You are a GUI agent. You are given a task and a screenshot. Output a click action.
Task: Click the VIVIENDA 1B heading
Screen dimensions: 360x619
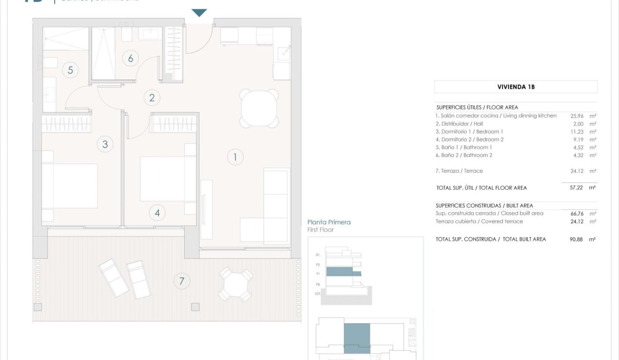pos(516,87)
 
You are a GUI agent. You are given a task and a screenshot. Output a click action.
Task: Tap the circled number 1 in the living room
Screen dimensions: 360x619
pos(235,157)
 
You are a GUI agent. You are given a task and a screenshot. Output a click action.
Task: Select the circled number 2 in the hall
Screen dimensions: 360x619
pos(152,97)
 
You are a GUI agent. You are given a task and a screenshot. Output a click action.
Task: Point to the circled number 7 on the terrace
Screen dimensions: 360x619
pos(181,281)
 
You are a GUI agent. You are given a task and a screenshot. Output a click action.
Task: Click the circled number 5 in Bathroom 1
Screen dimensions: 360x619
pos(71,70)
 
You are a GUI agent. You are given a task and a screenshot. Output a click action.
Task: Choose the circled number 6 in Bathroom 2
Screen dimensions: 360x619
pos(131,58)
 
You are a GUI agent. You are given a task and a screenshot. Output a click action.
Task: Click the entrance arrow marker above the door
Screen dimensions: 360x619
pos(199,13)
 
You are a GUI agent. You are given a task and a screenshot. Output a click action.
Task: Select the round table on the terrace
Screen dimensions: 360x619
pos(235,283)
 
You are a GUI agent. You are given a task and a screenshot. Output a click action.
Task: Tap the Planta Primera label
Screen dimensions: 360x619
pos(329,222)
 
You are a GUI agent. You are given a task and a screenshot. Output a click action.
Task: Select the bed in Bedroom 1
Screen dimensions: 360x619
pos(70,186)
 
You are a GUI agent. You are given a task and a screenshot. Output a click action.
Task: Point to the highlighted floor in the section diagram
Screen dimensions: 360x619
pos(340,271)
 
